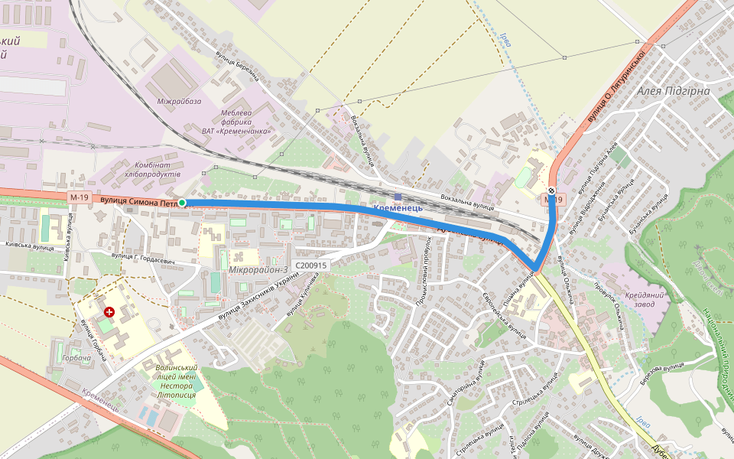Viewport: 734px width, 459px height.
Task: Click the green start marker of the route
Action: tap(182, 203)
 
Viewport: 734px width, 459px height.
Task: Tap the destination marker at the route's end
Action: tap(552, 190)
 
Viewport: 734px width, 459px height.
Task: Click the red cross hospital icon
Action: tap(109, 312)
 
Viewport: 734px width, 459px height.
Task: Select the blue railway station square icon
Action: tap(398, 197)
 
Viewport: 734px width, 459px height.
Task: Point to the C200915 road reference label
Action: tap(310, 265)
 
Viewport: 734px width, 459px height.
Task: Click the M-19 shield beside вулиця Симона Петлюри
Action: tap(79, 197)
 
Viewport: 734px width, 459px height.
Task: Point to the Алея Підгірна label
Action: tap(673, 91)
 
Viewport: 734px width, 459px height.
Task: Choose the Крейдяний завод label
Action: tap(644, 300)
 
